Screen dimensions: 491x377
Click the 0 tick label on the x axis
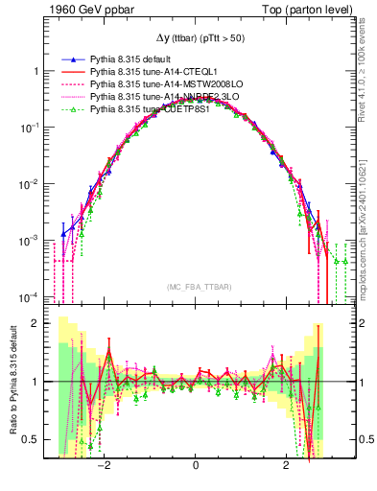tap(196, 466)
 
